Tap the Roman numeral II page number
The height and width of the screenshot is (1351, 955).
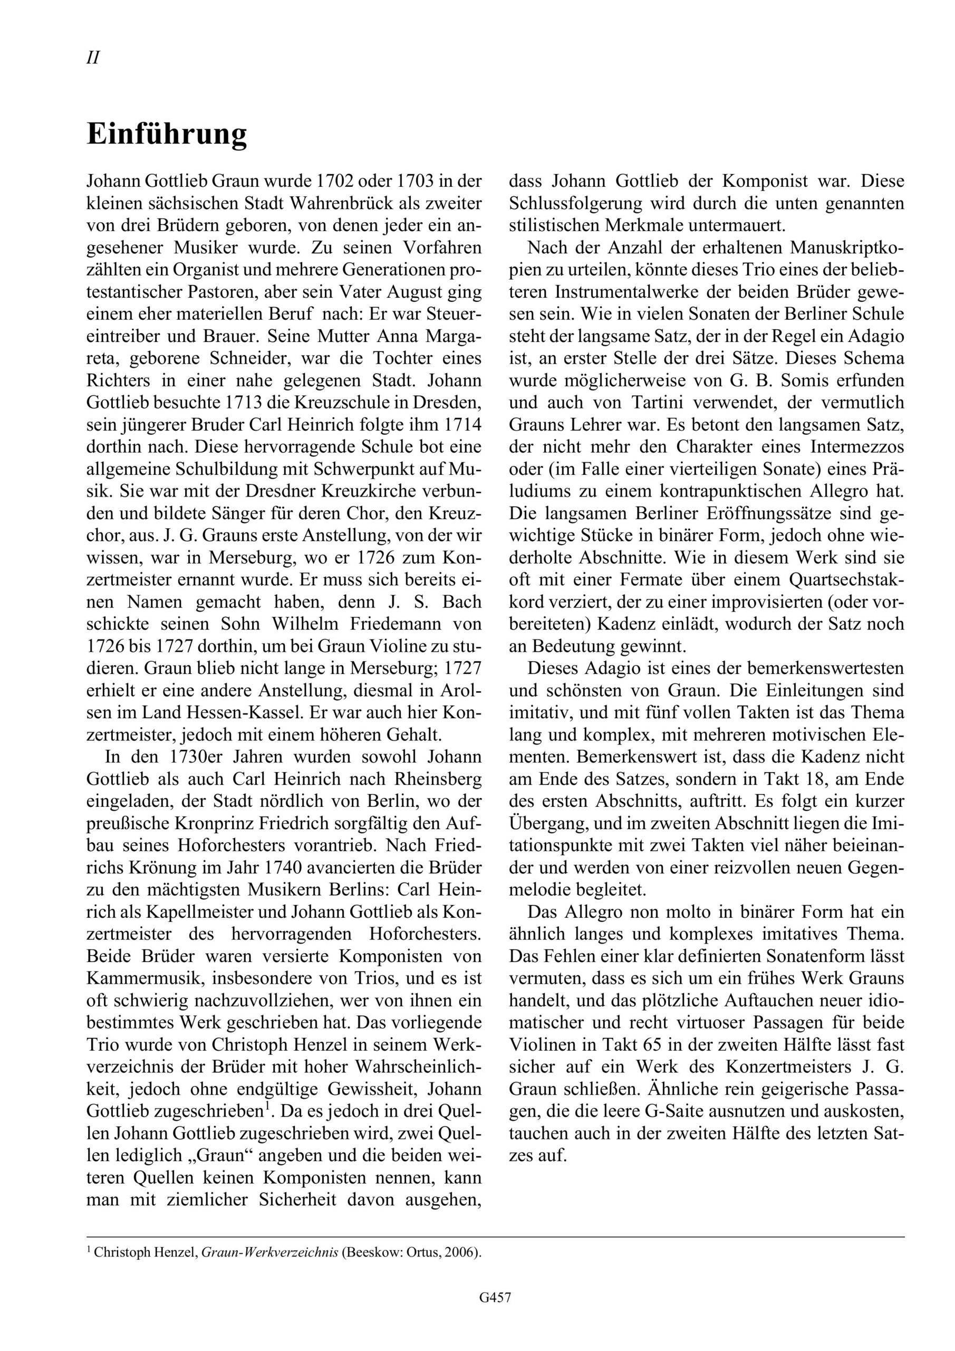[x=93, y=58]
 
